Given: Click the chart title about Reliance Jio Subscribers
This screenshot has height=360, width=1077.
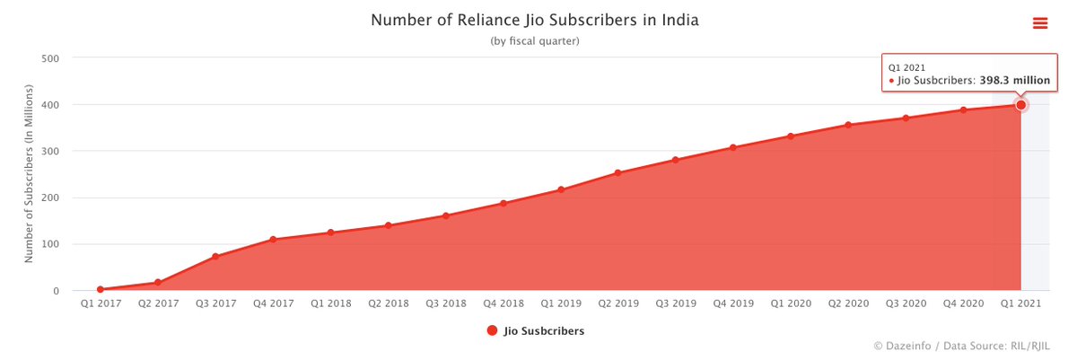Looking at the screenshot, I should (x=534, y=20).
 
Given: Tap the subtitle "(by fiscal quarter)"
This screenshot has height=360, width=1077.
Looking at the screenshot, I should (x=535, y=41).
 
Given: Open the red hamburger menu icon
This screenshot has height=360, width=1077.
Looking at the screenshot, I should (x=1040, y=23).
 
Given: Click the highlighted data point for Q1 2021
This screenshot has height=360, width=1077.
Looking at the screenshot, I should (x=1020, y=105).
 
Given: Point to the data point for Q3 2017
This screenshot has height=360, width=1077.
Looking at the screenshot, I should (x=215, y=257).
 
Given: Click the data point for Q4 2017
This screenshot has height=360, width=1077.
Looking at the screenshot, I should (x=273, y=240).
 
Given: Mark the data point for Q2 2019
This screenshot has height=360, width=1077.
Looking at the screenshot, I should (x=617, y=172).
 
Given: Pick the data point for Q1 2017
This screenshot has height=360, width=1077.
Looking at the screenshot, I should (x=101, y=289).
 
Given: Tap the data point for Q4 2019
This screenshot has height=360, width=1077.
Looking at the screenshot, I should (x=732, y=147).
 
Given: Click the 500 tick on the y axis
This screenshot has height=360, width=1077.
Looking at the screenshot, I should (x=51, y=58).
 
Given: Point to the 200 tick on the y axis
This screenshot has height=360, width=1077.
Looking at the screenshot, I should (x=51, y=198).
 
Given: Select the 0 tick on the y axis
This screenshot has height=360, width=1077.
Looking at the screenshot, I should (x=57, y=291).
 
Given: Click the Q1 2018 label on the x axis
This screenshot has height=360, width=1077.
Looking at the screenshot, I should (x=330, y=303).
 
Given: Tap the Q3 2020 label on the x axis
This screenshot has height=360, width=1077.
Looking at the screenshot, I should (x=906, y=303).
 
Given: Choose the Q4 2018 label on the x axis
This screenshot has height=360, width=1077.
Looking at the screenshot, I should (x=503, y=303).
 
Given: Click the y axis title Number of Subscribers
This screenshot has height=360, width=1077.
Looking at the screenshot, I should (x=29, y=174).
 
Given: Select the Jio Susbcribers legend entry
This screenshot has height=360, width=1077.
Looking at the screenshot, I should (x=535, y=330).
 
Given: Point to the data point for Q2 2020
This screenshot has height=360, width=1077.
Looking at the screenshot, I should (x=848, y=125).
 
